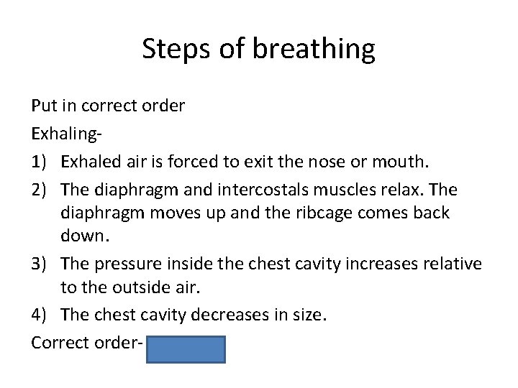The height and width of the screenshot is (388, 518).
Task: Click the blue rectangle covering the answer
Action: (186, 349)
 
